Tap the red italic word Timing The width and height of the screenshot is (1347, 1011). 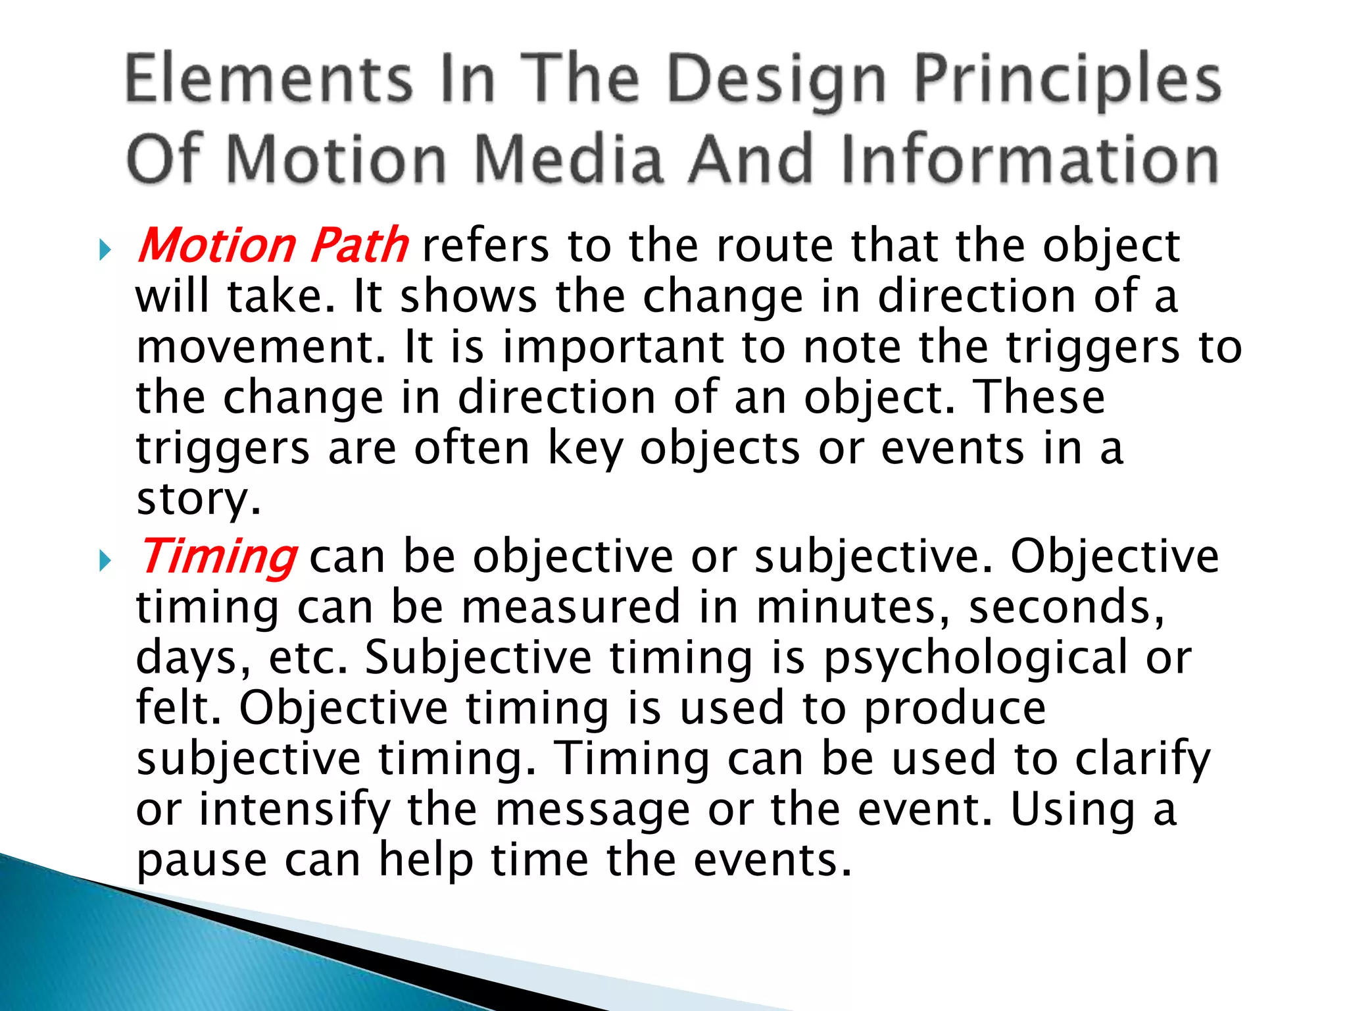pos(218,557)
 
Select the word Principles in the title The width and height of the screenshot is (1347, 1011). pos(1067,82)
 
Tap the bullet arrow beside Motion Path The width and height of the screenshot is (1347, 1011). pos(105,250)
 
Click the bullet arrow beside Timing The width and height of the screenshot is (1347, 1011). pos(105,561)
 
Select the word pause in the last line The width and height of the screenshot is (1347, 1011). pos(202,861)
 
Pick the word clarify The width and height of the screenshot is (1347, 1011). pos(1142,760)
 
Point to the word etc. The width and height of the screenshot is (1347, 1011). pos(307,658)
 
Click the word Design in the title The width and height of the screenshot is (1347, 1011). pos(777,82)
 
